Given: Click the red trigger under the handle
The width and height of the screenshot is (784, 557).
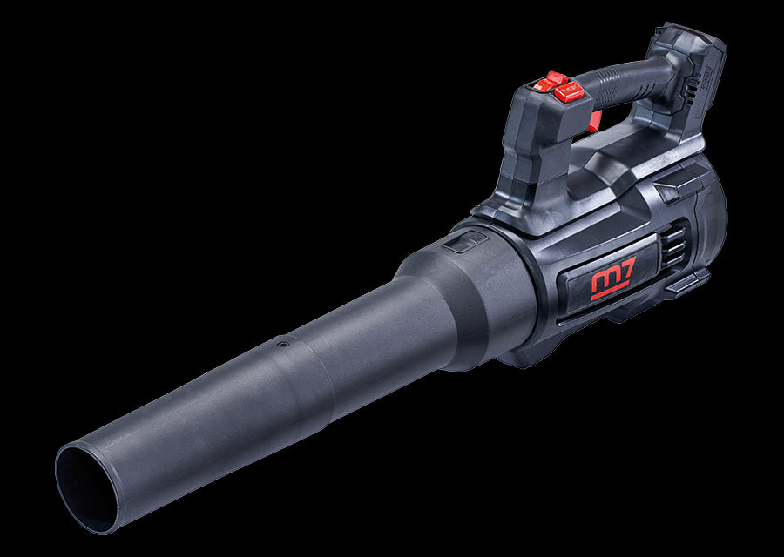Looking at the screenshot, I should [x=594, y=121].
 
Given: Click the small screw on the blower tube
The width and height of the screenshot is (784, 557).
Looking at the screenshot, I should [x=280, y=345].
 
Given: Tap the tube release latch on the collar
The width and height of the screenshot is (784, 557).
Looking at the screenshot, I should [x=463, y=241].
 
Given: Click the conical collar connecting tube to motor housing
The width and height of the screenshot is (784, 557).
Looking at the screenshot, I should [x=470, y=296].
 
